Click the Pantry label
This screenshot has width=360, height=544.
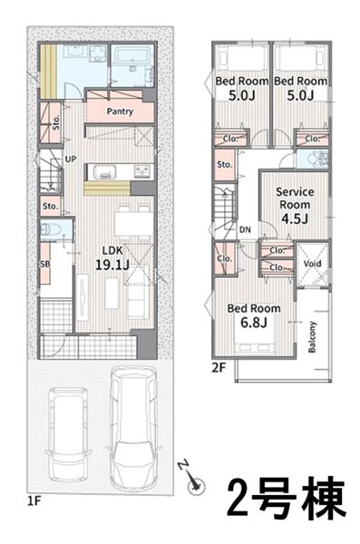120,112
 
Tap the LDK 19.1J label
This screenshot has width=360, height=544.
112,258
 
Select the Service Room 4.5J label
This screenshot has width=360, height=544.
295,205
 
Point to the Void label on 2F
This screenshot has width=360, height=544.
313,263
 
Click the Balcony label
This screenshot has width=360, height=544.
313,337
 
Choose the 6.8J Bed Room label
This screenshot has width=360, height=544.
254,316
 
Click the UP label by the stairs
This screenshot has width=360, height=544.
71,160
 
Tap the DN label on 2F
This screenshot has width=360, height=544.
245,229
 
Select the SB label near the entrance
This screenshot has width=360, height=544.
45,264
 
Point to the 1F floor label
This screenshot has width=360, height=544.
34,501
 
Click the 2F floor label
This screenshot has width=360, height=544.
219,367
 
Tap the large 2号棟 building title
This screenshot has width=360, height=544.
287,497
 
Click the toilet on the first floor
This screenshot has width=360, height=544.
51,229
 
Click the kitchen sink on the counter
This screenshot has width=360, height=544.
102,171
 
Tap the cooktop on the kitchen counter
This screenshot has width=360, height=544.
143,171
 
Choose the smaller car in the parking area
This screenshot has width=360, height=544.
69,433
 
